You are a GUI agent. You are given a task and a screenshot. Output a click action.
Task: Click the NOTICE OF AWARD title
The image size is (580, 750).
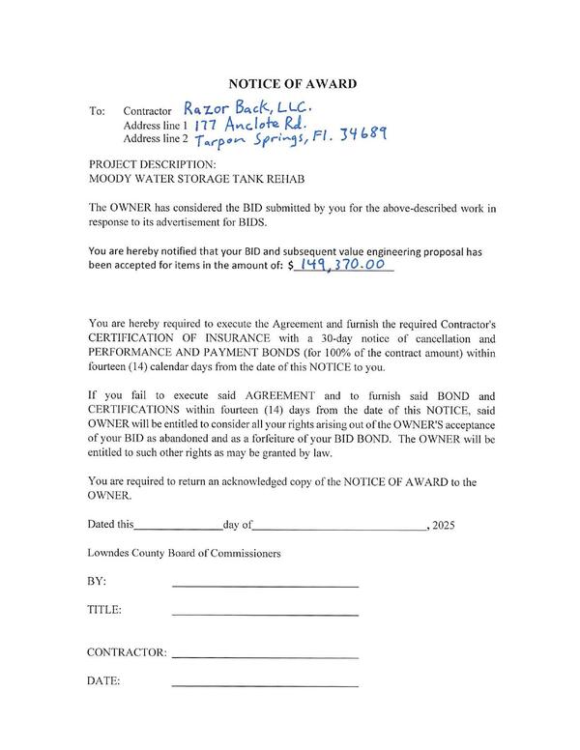point(291,83)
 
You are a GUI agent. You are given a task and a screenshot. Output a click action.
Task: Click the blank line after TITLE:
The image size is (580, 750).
point(265,614)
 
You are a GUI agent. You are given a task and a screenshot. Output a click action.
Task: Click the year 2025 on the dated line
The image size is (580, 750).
point(443,527)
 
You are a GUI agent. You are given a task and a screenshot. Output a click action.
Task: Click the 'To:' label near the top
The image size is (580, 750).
point(97,111)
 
